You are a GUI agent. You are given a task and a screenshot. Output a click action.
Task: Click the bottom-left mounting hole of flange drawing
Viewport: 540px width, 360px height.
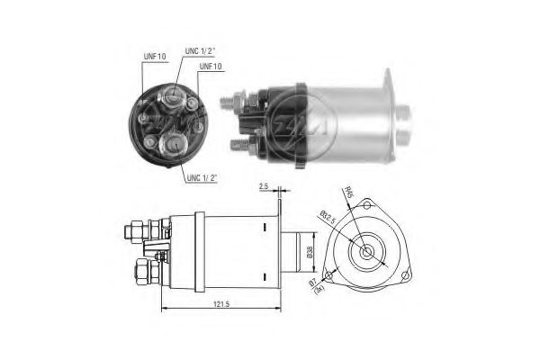[333, 273]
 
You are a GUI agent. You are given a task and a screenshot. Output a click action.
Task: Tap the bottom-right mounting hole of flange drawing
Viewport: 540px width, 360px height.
[406, 274]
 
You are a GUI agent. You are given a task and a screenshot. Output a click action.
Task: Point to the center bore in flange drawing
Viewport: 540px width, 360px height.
[369, 252]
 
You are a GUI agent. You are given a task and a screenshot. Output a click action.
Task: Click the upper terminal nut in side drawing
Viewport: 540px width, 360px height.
[136, 230]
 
